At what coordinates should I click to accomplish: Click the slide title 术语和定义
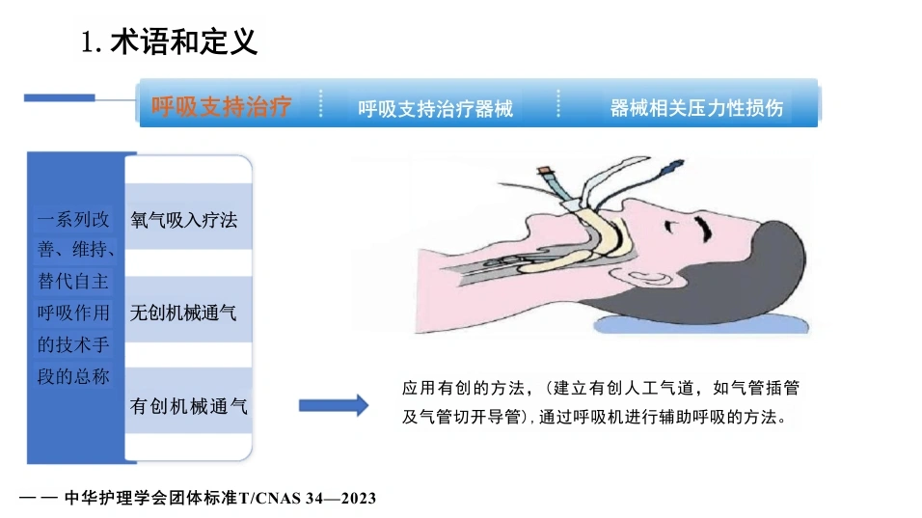click(x=183, y=41)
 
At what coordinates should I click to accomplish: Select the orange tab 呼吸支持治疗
click(x=221, y=106)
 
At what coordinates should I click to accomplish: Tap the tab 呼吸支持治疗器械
click(x=435, y=108)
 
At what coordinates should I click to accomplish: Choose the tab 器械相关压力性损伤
click(x=696, y=108)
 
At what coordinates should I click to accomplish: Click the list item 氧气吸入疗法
click(x=184, y=220)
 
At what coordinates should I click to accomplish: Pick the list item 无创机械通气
click(x=183, y=313)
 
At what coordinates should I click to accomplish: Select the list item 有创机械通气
click(x=189, y=406)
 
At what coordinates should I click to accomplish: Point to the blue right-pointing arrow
click(x=334, y=405)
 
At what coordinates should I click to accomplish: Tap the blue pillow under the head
click(x=701, y=324)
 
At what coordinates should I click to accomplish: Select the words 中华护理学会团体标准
click(x=150, y=498)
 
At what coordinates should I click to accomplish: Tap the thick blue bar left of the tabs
click(x=60, y=97)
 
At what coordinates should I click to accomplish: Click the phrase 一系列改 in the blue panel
click(x=73, y=220)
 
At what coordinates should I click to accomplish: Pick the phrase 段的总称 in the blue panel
click(x=73, y=376)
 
